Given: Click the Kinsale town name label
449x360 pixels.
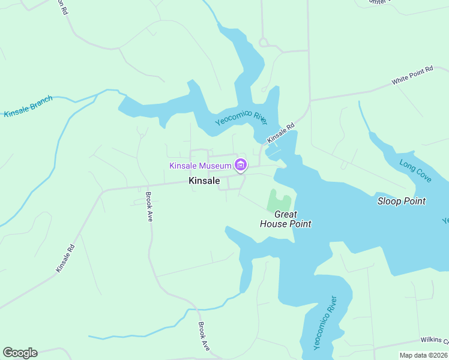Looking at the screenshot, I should click(204, 181).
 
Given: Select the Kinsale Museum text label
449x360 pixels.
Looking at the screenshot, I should click(200, 166).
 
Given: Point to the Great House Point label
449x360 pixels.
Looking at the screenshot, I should click(285, 219).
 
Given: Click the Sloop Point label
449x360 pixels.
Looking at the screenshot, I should click(401, 201).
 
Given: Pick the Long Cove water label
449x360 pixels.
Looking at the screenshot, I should click(415, 170).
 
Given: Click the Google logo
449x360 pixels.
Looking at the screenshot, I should click(20, 353).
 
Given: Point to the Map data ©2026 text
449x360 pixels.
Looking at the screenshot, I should click(424, 355).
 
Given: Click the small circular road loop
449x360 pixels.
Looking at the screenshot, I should click(262, 42).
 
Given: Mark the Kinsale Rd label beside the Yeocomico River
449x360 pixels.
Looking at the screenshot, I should click(281, 134).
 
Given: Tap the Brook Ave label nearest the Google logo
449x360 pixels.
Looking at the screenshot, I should click(204, 337).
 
